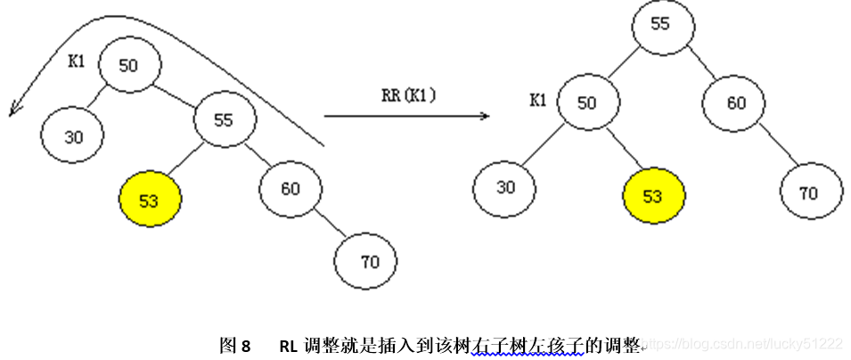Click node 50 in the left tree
click(128, 65)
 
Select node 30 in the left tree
click(71, 137)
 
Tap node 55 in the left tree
click(224, 119)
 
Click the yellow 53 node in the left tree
click(150, 200)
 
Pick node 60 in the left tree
click(290, 188)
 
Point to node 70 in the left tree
click(365, 262)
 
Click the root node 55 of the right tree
click(660, 24)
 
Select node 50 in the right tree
click(586, 103)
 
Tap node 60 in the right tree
click(735, 103)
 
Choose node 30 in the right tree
click(505, 188)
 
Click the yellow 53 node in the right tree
click(653, 196)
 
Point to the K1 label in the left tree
click(77, 61)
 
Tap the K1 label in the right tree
click(537, 100)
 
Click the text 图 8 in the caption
click(235, 345)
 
